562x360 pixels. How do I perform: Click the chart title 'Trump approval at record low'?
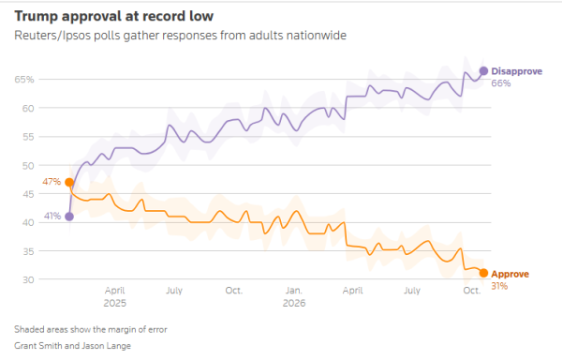(x=114, y=17)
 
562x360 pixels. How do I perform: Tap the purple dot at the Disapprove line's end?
(x=483, y=71)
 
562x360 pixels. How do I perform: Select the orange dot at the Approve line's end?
(x=483, y=273)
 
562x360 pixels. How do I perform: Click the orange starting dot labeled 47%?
(x=69, y=183)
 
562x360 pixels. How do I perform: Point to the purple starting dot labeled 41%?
(x=69, y=217)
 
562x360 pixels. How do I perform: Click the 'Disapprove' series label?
(x=516, y=71)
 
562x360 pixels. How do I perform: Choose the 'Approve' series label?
(x=510, y=274)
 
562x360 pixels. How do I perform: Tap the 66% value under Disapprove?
(x=501, y=83)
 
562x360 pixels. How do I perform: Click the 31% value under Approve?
(x=499, y=286)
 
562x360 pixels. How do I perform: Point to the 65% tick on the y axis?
(x=24, y=80)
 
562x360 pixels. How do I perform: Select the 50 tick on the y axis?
(x=28, y=166)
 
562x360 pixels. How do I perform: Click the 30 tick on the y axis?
(x=28, y=279)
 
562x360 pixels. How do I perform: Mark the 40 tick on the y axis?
(x=28, y=223)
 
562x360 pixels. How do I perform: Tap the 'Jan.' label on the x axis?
(x=294, y=291)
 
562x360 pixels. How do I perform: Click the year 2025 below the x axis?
(x=114, y=304)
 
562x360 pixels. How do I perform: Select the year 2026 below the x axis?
(x=294, y=304)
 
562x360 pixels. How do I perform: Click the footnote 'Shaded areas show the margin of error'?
(x=91, y=329)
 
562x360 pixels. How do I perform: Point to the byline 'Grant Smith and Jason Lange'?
(x=72, y=346)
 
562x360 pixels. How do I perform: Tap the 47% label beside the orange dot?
(x=52, y=182)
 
